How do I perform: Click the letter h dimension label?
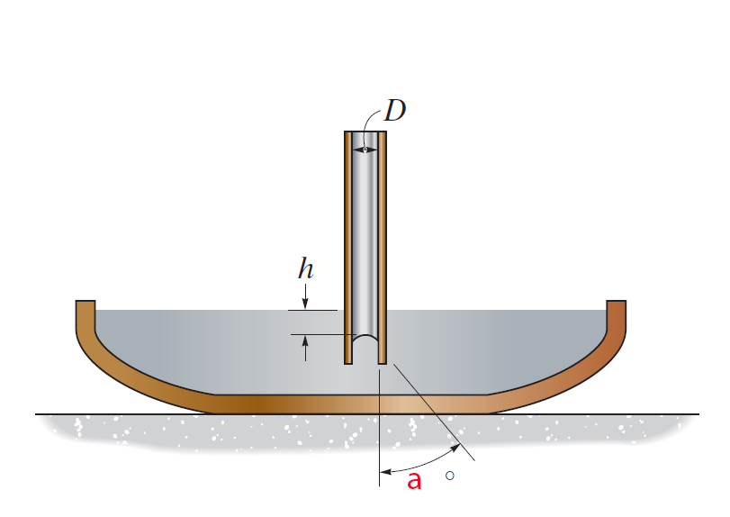click(305, 268)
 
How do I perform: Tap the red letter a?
click(414, 480)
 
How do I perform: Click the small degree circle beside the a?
click(449, 475)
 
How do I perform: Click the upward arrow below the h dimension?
click(306, 348)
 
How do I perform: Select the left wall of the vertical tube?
click(348, 243)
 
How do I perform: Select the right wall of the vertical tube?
click(383, 243)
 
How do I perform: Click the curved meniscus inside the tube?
click(365, 339)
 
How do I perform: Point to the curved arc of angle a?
click(423, 465)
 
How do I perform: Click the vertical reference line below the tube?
click(380, 432)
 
